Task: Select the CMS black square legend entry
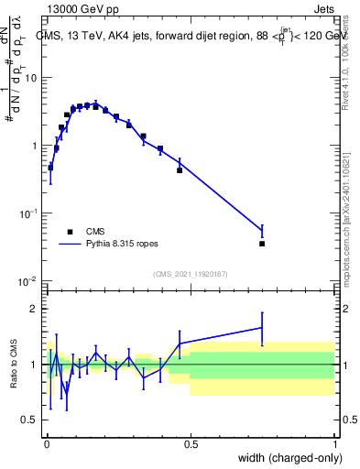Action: click(70, 232)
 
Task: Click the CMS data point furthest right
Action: click(262, 244)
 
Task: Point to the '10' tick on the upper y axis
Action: click(32, 78)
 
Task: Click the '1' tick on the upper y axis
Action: click(35, 146)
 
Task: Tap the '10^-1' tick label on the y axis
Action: click(29, 213)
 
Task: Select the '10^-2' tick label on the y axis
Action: click(29, 280)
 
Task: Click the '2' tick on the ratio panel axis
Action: click(35, 309)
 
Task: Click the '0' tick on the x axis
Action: click(46, 443)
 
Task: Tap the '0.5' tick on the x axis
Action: click(191, 443)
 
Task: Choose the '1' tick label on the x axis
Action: click(335, 443)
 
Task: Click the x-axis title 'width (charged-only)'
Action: click(285, 458)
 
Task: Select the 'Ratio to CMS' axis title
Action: click(13, 364)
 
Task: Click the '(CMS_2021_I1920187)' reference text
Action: click(191, 273)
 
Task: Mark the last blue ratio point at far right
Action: click(262, 327)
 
